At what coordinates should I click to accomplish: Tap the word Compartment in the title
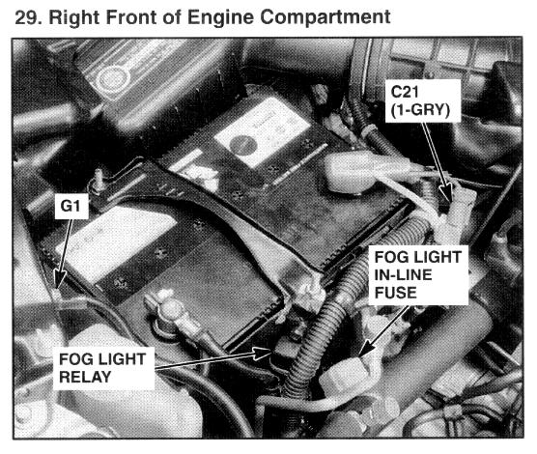point(325,17)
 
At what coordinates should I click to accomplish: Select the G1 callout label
point(71,206)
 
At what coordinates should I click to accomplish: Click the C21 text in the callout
point(405,92)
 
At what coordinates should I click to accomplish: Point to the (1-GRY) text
point(420,110)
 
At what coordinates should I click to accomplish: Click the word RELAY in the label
point(85,378)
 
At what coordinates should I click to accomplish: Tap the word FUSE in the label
point(396,293)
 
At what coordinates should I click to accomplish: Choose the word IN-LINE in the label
point(403,274)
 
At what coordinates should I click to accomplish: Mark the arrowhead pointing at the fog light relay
point(263,353)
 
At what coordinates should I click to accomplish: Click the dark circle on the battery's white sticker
point(243,145)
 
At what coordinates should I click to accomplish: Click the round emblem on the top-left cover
point(112,80)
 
